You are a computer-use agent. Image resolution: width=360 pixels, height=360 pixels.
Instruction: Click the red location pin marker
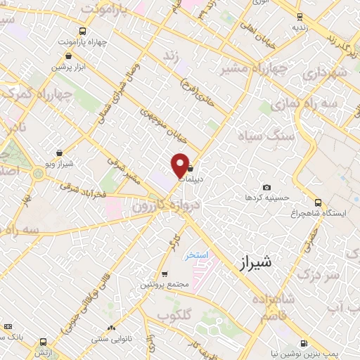click(180, 165)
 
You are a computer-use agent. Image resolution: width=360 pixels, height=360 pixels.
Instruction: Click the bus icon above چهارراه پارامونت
click(83, 31)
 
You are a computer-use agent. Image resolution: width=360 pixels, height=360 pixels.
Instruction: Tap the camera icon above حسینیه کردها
click(266, 187)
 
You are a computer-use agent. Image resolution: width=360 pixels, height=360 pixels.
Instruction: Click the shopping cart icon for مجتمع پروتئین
click(165, 274)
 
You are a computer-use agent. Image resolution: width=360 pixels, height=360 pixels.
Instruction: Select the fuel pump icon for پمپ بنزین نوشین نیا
click(303, 343)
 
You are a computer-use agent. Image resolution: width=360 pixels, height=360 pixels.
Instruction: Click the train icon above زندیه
click(300, 16)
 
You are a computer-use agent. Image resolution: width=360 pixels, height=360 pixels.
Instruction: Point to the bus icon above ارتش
click(8, 326)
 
